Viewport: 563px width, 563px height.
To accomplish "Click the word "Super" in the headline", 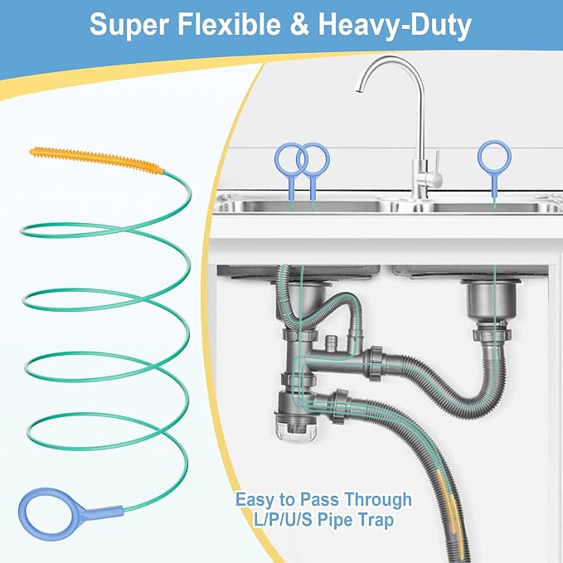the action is coord(129,24).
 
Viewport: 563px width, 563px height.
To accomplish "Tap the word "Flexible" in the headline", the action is coord(230,24).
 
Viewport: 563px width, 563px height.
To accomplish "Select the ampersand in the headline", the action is coord(299,24).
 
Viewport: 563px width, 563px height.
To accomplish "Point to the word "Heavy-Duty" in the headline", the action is coord(395,25).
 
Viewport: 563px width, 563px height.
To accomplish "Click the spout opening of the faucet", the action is coord(359,90).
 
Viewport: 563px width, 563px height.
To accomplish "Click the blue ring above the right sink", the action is coord(494,143).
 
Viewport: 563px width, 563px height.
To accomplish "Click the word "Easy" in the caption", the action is coord(255,500).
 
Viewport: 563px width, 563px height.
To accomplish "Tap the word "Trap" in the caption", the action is coord(375,520).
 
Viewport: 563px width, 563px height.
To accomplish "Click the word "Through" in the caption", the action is coord(378,500).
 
